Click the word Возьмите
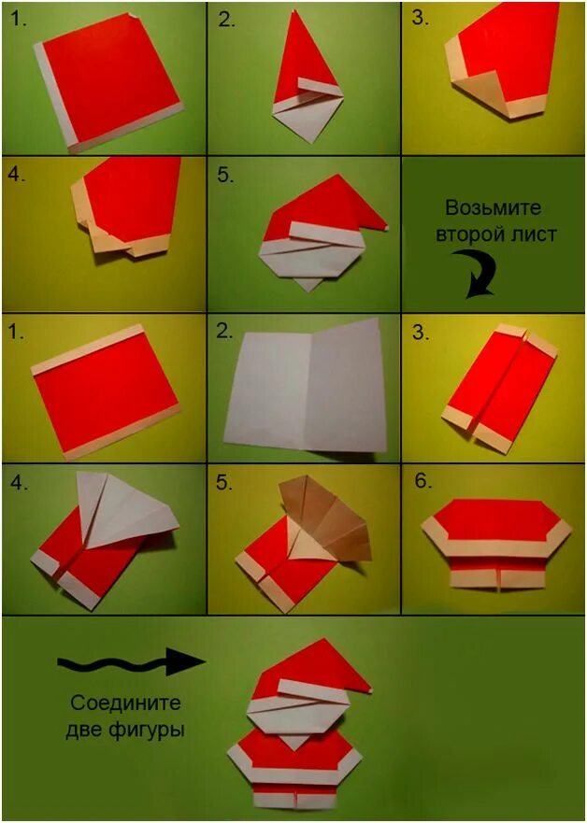click(493, 207)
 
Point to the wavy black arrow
click(131, 663)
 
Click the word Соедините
click(125, 703)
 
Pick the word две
click(85, 731)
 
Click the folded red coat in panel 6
click(495, 543)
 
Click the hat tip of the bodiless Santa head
click(387, 226)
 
